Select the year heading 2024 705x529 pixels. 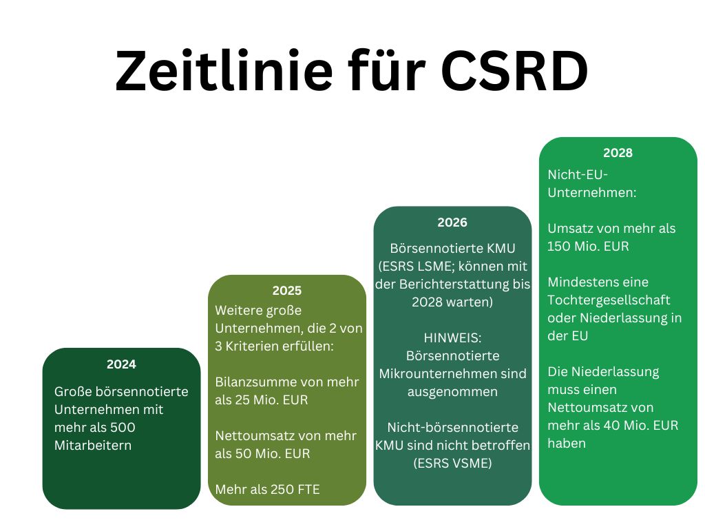coord(121,364)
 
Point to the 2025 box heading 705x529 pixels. coord(286,291)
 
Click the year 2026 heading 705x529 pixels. coord(452,222)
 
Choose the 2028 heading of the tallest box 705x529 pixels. coord(618,153)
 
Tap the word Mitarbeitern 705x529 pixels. coord(93,445)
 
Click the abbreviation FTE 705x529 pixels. coord(306,489)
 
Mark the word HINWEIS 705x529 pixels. coord(452,338)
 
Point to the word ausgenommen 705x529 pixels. coord(452,391)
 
